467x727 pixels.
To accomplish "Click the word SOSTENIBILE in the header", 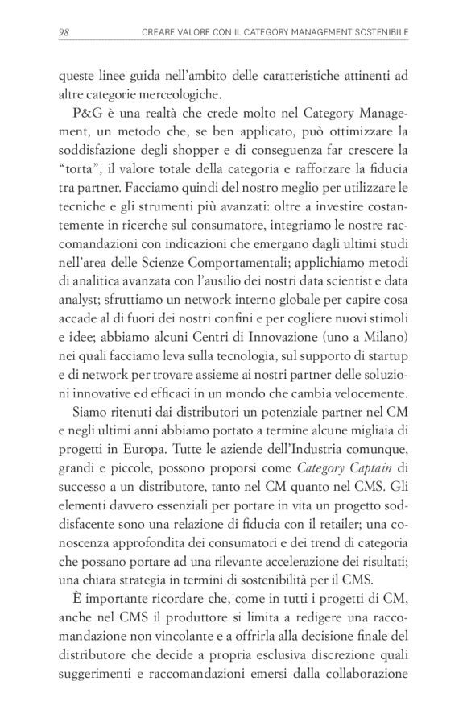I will pos(379,32).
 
